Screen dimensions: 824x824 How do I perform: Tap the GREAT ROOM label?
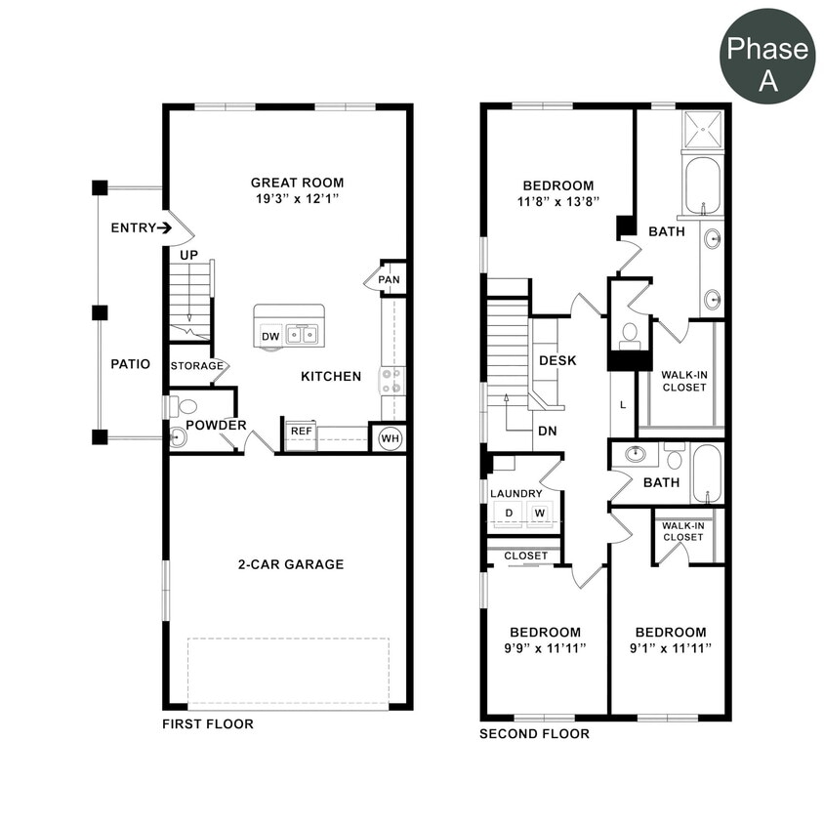pyautogui.click(x=297, y=183)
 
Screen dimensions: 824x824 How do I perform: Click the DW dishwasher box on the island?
pyautogui.click(x=270, y=337)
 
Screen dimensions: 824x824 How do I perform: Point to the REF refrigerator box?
pyautogui.click(x=300, y=431)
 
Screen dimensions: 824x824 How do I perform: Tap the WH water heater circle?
pyautogui.click(x=391, y=438)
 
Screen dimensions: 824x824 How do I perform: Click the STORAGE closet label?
pyautogui.click(x=196, y=366)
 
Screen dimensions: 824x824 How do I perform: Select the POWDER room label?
pyautogui.click(x=216, y=426)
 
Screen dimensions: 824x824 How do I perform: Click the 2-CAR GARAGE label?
pyautogui.click(x=291, y=564)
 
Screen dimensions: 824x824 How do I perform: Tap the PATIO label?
pyautogui.click(x=130, y=364)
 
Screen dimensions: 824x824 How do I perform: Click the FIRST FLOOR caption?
pyautogui.click(x=208, y=724)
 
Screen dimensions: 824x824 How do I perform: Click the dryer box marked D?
pyautogui.click(x=509, y=514)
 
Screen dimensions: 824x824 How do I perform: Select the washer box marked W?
pyautogui.click(x=539, y=514)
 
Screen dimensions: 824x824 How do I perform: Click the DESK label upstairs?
pyautogui.click(x=557, y=360)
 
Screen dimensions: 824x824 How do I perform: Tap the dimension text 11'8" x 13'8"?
pyautogui.click(x=557, y=201)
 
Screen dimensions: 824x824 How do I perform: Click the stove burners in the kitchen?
pyautogui.click(x=392, y=381)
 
